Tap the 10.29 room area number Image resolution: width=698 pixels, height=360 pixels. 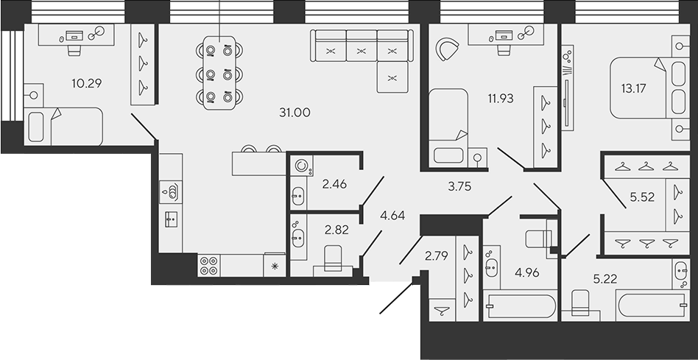coord(86,83)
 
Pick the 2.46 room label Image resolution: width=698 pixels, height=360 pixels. coord(335,184)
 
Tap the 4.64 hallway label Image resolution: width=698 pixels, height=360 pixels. coord(392,216)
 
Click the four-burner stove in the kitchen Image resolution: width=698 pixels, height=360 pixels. coord(208,265)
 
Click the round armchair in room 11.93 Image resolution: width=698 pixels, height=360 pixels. coord(447,49)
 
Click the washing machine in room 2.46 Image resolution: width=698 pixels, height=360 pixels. coord(301,166)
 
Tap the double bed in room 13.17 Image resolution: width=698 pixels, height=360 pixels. coord(639,88)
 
